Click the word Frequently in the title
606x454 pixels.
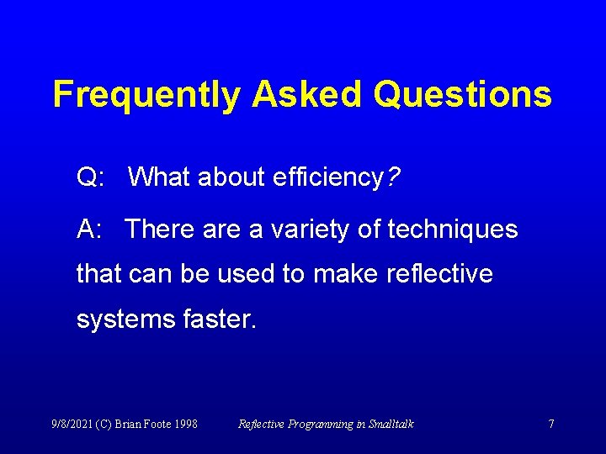click(x=146, y=95)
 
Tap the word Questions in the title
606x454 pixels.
click(x=462, y=95)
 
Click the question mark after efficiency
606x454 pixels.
click(x=393, y=177)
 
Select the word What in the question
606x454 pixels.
click(x=160, y=177)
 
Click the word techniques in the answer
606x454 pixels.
click(x=452, y=229)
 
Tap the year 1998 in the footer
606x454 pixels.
click(x=185, y=425)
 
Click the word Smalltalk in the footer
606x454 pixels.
click(x=390, y=425)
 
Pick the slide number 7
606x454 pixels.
click(x=551, y=425)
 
